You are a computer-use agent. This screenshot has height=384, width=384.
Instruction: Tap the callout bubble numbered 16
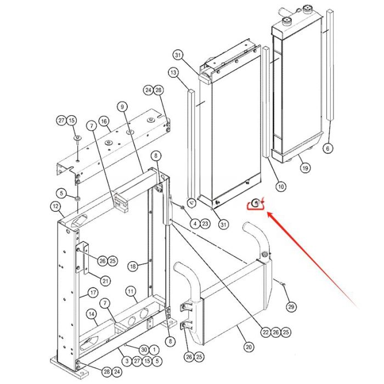click(x=104, y=122)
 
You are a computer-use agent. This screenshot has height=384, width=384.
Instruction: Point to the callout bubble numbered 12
click(x=55, y=206)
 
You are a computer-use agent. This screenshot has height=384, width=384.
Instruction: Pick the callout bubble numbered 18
click(x=132, y=266)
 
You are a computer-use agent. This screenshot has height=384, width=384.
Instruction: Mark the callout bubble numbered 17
click(x=93, y=292)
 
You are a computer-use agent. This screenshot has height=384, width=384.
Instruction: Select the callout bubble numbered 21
click(x=105, y=281)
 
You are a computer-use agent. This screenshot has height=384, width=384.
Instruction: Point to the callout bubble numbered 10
click(x=280, y=187)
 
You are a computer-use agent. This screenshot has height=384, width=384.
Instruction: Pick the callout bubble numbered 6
click(x=328, y=148)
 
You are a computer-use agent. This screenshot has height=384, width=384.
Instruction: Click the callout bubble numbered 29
click(x=291, y=306)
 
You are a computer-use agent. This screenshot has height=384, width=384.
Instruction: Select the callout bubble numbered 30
click(x=144, y=349)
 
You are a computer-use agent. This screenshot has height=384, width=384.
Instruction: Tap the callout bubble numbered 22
click(x=266, y=332)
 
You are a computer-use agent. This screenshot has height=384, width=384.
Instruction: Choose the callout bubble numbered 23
click(x=205, y=223)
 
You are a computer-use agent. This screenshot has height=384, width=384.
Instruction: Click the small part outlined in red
click(x=256, y=205)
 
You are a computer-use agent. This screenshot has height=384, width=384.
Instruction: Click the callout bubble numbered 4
click(x=195, y=223)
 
